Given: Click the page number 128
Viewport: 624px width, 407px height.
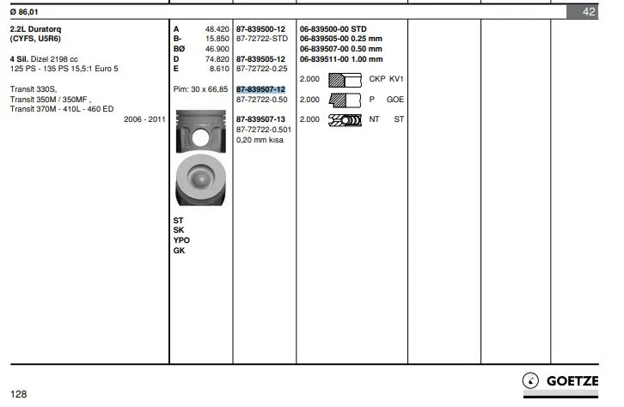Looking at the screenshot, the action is (x=18, y=394).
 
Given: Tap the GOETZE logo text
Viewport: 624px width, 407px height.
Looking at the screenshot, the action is (x=572, y=380).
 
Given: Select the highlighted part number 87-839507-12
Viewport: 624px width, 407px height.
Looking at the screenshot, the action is (x=260, y=89).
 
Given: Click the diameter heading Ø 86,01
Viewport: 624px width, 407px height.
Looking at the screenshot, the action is (x=24, y=12).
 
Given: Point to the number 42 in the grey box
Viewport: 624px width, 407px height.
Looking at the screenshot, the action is (x=589, y=11).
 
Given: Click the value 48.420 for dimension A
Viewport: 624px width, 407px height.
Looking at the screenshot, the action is (x=217, y=29).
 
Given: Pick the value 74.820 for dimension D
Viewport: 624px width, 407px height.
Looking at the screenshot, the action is (x=217, y=59).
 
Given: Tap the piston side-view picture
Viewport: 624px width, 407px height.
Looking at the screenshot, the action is (x=201, y=131).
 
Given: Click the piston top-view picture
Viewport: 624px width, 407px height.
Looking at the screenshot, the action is (x=201, y=180).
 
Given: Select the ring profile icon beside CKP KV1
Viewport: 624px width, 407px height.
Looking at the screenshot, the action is (x=345, y=80).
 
